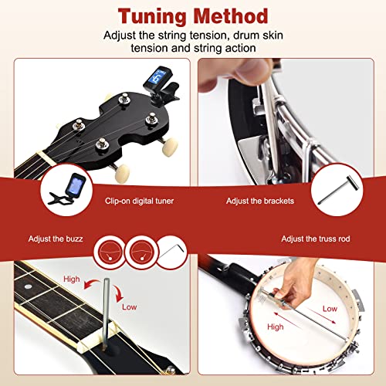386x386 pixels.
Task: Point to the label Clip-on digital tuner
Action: pos(140,201)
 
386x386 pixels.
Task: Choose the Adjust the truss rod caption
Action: pos(316,239)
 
